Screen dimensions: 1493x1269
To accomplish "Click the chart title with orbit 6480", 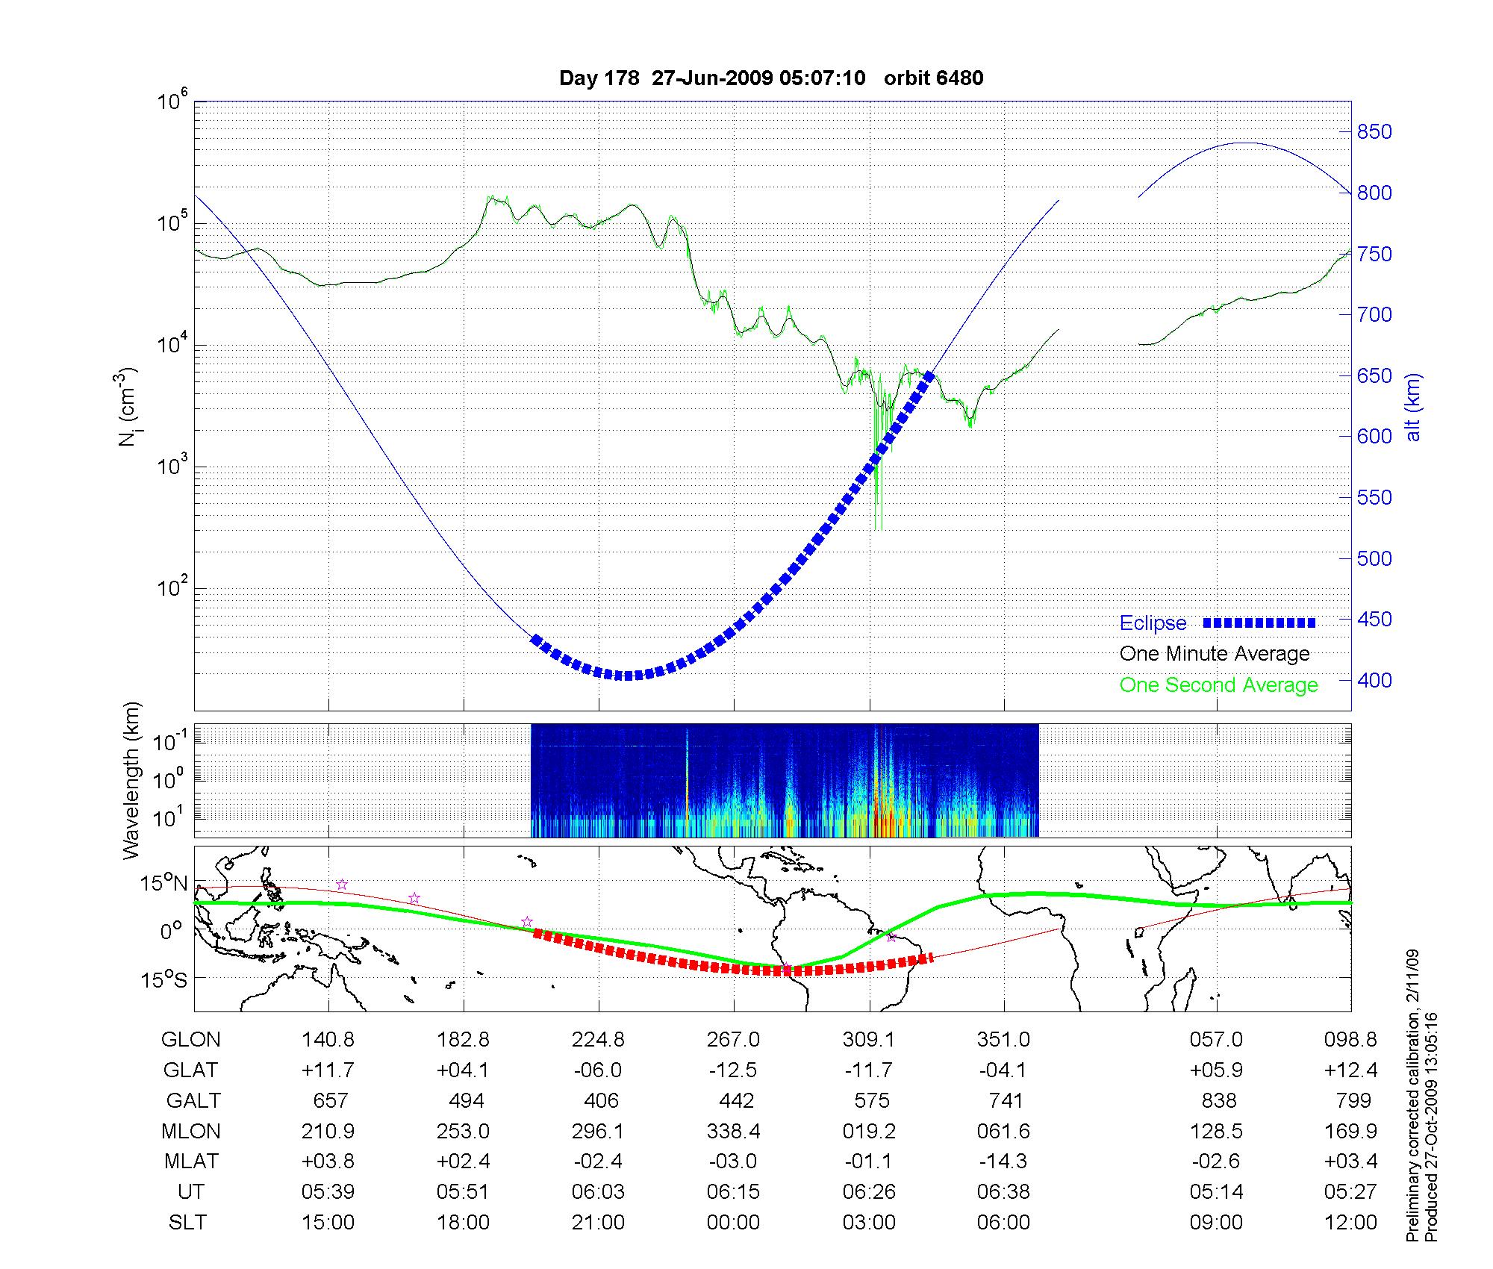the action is (771, 78).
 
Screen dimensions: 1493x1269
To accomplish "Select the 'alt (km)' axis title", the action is (1413, 407).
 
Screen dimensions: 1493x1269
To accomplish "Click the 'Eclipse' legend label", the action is (1153, 623).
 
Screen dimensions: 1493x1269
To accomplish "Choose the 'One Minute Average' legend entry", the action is (1215, 654).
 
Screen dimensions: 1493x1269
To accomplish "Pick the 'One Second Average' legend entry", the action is (1218, 685).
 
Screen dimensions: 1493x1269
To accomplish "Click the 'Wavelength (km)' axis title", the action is (131, 780).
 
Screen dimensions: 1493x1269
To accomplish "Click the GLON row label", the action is (191, 1039).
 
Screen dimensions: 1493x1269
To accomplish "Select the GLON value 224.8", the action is (599, 1039).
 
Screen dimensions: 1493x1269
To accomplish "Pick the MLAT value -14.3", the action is (1004, 1162).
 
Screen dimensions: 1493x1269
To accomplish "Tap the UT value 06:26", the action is (869, 1192).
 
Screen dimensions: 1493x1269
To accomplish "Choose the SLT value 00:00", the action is (733, 1223).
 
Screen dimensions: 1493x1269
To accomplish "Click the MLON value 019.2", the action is (869, 1131).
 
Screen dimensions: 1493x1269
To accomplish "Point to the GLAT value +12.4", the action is (1350, 1070).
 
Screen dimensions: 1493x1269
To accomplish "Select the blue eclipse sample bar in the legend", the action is (1259, 623).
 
